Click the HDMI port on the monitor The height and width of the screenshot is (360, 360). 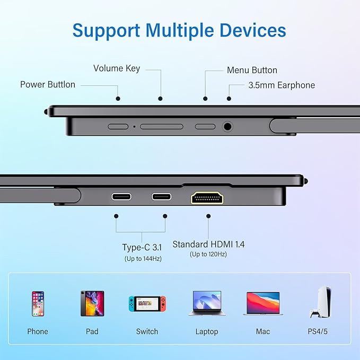207,198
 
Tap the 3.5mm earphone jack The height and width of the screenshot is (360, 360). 227,127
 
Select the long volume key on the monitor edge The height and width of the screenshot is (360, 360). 162,127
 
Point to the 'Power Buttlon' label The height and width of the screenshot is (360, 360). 48,84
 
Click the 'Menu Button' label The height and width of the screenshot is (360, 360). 252,70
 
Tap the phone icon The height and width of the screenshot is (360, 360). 38,303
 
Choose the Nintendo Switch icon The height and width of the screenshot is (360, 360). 147,303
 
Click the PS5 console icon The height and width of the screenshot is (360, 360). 321,302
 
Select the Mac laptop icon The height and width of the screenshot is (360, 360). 263,303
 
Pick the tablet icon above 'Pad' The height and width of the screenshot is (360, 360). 92,303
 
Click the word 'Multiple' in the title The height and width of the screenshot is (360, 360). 180,30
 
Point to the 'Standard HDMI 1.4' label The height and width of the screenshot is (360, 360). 208,244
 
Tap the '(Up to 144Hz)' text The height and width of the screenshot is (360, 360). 143,259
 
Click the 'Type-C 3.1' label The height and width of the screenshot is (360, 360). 142,247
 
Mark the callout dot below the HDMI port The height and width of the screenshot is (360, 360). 208,216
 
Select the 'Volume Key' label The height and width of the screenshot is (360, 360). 117,68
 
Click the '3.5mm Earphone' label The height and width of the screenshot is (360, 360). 282,85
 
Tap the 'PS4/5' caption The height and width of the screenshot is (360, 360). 318,331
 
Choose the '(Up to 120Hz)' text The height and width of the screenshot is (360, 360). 208,254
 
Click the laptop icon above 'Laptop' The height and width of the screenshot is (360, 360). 207,303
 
